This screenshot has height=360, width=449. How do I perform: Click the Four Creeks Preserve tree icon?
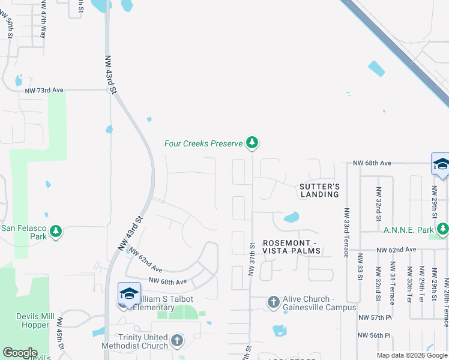253,143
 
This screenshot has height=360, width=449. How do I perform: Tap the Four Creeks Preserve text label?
203,143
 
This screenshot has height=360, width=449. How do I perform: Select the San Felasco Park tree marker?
56,231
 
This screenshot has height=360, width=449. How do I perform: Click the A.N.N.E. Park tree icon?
443,229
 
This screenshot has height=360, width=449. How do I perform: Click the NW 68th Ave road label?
372,163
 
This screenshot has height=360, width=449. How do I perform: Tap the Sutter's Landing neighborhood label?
319,190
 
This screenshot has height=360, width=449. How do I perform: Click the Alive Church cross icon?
274,302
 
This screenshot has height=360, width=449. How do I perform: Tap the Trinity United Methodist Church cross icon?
176,341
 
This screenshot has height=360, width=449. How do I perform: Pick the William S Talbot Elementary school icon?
129,293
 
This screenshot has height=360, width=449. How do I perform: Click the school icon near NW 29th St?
441,164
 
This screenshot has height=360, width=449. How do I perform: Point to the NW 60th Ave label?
167,281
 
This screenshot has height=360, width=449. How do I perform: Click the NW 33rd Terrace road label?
346,232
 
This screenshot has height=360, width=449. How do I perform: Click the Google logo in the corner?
20,353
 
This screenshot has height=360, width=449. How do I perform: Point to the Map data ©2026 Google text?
412,355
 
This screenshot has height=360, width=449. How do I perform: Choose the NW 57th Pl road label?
375,317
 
